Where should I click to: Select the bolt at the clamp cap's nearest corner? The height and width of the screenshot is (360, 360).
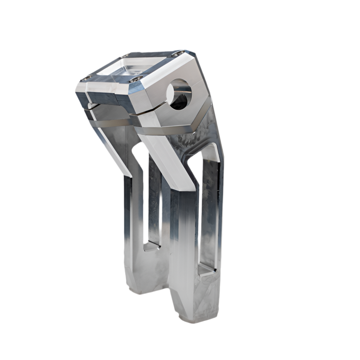pos(136,79)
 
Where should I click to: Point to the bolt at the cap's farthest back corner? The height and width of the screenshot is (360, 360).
pos(126,55)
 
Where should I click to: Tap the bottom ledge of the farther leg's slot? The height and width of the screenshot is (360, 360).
pos(152,246)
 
